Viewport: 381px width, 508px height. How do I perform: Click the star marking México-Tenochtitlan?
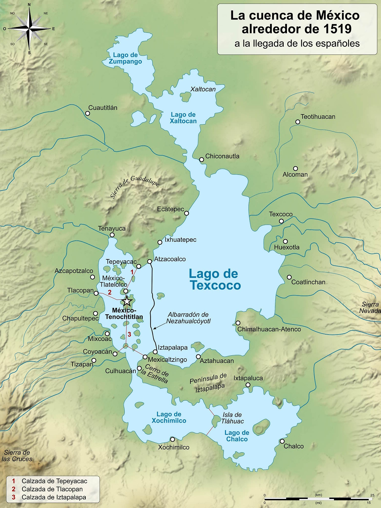[127, 301]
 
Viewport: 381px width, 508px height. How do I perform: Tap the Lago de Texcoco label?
[215, 279]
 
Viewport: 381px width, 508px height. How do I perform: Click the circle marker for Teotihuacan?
[298, 122]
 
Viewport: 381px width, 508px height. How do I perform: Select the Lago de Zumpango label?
[125, 58]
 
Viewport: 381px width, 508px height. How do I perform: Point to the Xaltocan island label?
[203, 89]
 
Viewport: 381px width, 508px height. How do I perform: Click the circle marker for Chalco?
[282, 441]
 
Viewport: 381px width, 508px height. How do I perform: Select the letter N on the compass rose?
[29, 4]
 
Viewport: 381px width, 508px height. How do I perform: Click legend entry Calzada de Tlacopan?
[52, 489]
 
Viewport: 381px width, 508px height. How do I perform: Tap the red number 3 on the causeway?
[129, 334]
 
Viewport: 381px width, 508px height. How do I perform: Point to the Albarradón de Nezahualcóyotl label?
[188, 318]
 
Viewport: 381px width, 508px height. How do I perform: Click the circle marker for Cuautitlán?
[88, 113]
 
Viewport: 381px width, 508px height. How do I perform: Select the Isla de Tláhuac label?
[232, 418]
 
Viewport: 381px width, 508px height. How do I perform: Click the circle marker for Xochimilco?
[172, 439]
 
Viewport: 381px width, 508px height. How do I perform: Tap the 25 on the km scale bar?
[372, 495]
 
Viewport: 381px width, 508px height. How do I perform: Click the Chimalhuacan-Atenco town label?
[269, 329]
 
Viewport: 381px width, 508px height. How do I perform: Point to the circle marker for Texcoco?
[281, 221]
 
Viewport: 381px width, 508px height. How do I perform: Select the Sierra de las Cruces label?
[17, 456]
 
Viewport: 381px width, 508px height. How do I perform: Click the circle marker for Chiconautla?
[202, 160]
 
